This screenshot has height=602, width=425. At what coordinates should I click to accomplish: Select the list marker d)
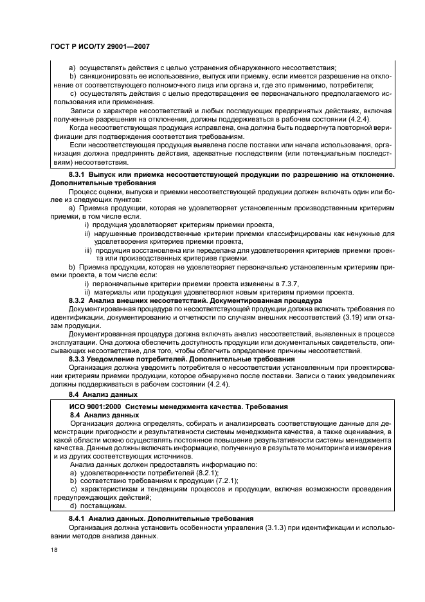click(x=73, y=506)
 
